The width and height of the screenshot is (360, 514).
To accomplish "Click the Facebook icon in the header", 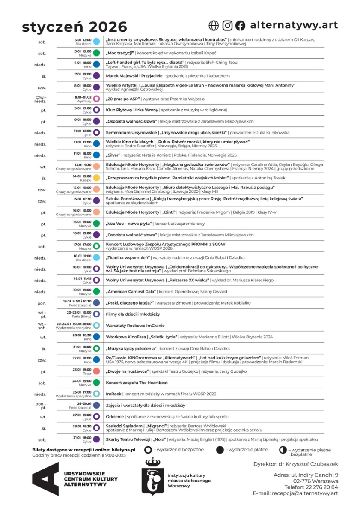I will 240,26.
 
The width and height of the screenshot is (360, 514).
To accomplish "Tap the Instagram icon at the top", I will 227,26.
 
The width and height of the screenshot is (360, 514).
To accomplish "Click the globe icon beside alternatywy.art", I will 214,26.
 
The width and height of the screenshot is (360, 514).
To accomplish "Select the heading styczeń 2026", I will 74,27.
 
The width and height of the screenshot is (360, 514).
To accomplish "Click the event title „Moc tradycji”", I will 120,53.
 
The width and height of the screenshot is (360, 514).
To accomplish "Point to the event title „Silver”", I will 113,155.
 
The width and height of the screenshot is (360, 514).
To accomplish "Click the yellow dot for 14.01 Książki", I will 97,178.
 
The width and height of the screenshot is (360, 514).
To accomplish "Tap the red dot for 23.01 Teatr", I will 97,371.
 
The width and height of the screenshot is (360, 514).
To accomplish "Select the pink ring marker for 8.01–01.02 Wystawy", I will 97,99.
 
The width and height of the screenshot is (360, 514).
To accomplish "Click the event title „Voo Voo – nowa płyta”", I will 131,224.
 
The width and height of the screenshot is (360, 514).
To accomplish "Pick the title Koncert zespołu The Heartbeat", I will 137,383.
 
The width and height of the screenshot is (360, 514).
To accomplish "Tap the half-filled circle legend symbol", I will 283,450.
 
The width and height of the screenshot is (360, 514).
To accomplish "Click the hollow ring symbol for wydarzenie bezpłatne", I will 148,450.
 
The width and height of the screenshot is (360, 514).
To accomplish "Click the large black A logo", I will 45,479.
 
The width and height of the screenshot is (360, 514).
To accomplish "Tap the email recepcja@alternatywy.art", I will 305,493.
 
